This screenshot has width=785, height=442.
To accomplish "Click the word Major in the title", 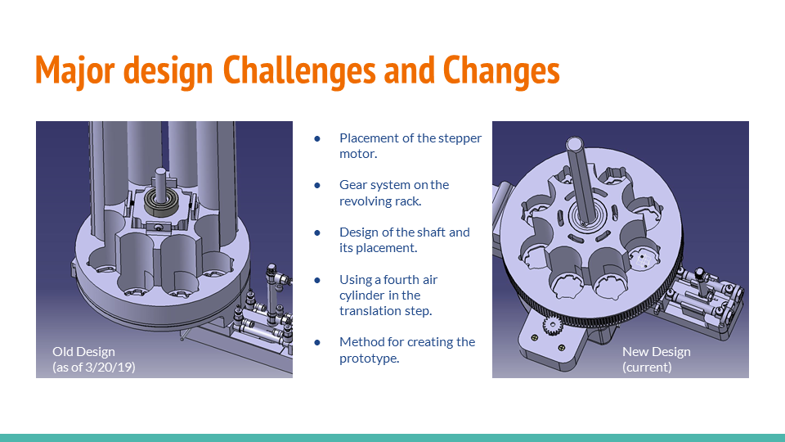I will click(76, 71).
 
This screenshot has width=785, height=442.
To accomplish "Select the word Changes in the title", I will click(501, 71).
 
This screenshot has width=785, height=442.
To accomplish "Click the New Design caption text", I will click(656, 352).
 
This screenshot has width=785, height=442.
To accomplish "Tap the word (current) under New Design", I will click(647, 367).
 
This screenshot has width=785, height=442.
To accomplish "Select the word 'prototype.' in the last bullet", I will click(369, 358).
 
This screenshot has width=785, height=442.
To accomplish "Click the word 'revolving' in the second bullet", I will click(366, 201).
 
